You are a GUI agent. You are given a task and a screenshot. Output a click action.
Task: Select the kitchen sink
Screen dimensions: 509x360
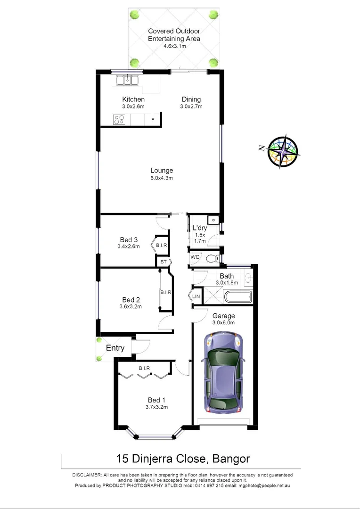tap(128, 80)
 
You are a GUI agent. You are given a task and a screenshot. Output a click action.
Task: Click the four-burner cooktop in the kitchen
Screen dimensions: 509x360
tap(119, 120)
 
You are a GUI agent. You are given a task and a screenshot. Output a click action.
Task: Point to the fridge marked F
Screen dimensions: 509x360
tap(152, 120)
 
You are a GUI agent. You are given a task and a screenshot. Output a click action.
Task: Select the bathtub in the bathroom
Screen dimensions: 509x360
tap(238, 297)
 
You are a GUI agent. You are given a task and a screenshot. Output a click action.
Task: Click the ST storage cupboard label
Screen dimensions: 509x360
tap(163, 262)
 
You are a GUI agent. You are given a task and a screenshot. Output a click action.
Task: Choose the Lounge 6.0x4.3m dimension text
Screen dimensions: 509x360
tap(162, 178)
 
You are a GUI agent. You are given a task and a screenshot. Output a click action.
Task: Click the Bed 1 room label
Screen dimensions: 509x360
tap(157, 400)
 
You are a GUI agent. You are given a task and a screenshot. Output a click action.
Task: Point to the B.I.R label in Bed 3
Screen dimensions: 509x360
tap(162, 246)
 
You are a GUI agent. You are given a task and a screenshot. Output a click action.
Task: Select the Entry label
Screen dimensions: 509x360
tap(115, 348)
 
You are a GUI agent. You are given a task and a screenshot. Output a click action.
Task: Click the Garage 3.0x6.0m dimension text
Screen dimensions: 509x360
tap(223, 323)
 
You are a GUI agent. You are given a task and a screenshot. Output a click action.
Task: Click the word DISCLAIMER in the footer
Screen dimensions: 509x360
tap(88, 475)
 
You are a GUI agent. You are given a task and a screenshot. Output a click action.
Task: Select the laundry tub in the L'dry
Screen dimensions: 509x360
tap(213, 220)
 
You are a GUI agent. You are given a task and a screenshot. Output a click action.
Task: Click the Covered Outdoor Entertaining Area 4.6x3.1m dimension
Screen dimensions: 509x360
tap(174, 46)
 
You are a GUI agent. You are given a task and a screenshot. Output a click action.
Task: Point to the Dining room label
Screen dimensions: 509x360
tap(191, 99)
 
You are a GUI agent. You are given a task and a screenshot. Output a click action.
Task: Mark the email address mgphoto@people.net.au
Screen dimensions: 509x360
tap(260, 485)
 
